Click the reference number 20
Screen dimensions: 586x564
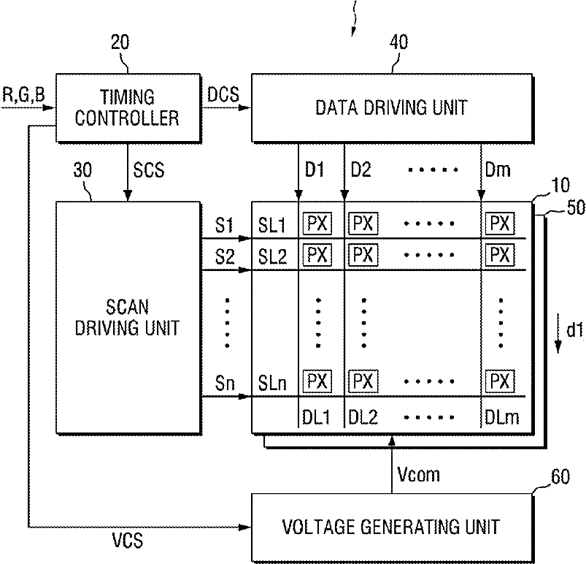(x=120, y=42)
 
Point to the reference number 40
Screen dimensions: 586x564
(x=398, y=42)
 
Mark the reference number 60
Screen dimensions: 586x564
(x=560, y=477)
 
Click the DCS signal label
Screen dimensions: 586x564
(x=223, y=95)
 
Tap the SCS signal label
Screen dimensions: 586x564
(x=149, y=170)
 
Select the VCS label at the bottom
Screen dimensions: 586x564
(x=128, y=541)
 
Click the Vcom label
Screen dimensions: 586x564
(x=418, y=475)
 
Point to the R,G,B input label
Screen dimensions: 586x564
(x=23, y=94)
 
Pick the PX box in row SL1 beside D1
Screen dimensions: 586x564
(x=317, y=224)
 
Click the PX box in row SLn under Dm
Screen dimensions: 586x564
(x=500, y=381)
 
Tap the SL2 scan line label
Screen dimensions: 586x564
(x=272, y=256)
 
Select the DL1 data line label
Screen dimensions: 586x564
(x=316, y=417)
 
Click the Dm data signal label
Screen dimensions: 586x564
(x=498, y=170)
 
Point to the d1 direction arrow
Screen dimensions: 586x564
(x=558, y=333)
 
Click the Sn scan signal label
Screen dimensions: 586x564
(x=225, y=384)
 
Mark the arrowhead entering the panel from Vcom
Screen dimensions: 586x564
(x=392, y=440)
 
